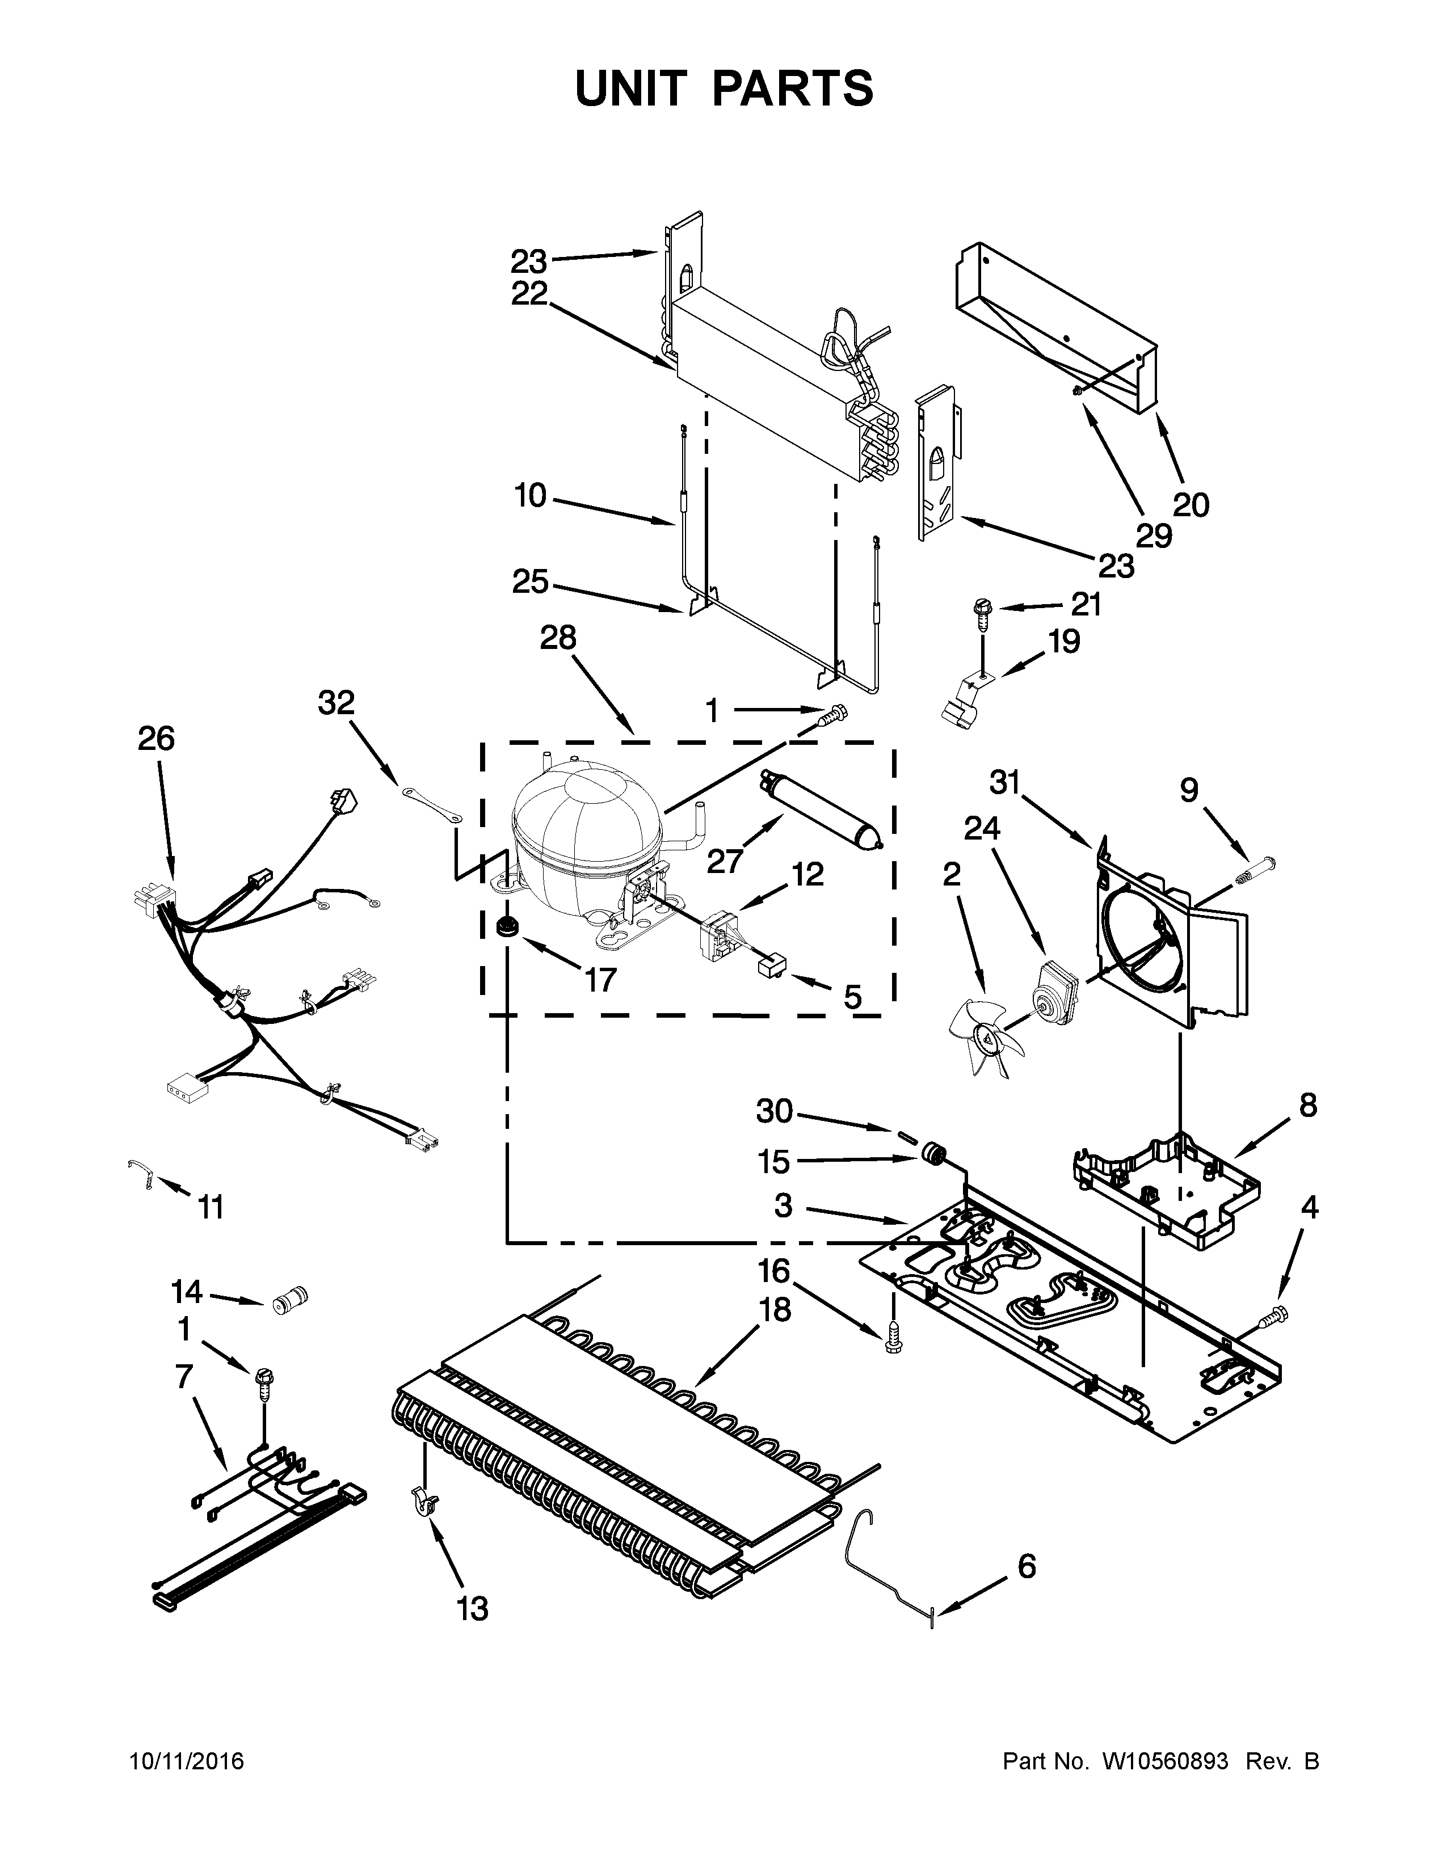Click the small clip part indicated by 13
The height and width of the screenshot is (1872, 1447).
pos(423,1499)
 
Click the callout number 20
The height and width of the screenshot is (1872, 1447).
pos(1191,505)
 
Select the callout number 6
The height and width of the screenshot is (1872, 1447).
pos(1026,1567)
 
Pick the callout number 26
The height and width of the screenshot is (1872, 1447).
pos(156,738)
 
